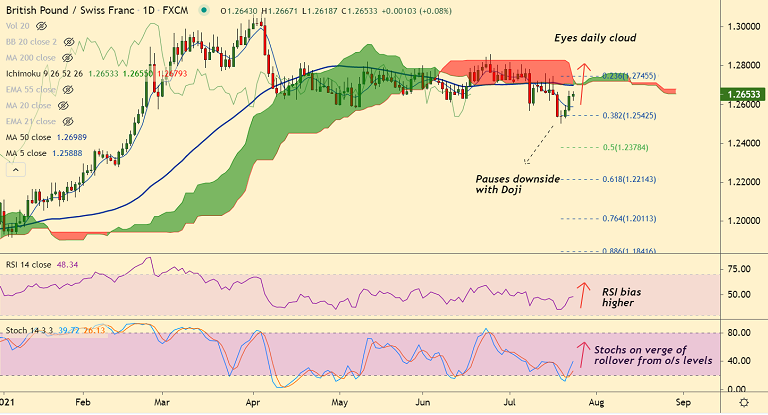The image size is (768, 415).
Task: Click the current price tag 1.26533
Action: (742, 95)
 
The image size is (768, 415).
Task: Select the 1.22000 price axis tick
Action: (741, 181)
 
